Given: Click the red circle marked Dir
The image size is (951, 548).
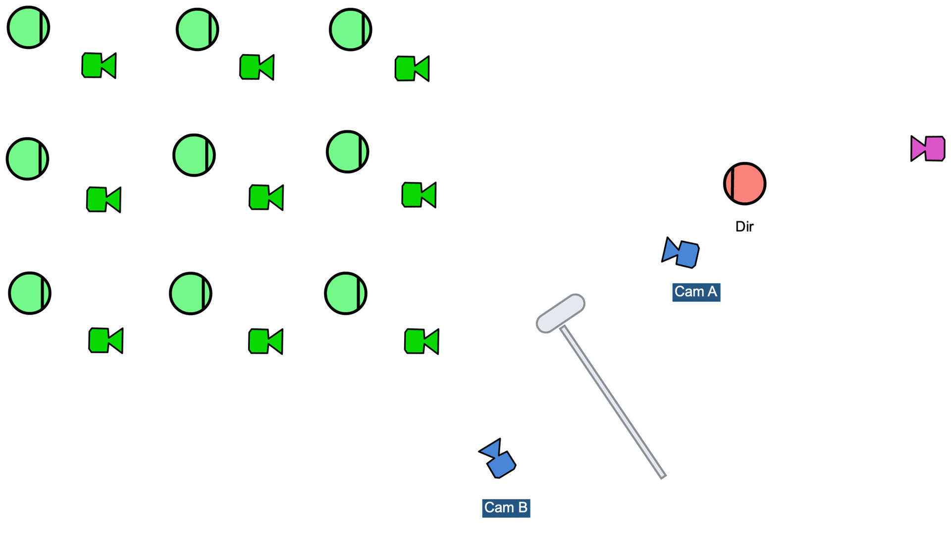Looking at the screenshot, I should (744, 184).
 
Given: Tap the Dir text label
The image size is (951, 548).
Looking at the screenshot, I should (744, 226).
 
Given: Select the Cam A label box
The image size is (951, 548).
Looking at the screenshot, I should (696, 292).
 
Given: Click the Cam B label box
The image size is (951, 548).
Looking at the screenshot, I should (506, 508).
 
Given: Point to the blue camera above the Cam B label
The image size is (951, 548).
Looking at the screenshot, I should (499, 460).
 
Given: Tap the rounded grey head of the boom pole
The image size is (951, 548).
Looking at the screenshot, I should (561, 313).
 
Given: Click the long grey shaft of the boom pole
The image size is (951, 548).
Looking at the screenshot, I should (613, 402).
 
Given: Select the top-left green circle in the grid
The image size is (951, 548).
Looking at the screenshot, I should (28, 27).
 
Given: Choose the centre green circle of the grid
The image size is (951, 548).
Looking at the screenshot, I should (194, 155).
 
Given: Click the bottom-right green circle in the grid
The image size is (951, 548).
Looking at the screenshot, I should (345, 293).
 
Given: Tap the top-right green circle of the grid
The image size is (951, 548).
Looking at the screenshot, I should (350, 29).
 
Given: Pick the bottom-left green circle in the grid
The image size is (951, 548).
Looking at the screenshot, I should (30, 293).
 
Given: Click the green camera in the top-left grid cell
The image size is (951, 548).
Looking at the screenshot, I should (99, 65).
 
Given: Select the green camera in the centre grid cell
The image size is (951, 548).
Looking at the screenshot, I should (266, 197).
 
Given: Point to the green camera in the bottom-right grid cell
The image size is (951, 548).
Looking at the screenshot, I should (422, 341).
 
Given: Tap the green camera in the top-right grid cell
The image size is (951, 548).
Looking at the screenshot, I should (412, 68).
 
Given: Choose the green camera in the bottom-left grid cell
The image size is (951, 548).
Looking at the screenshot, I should (106, 340).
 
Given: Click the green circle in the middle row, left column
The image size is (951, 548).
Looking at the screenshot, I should (27, 159).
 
